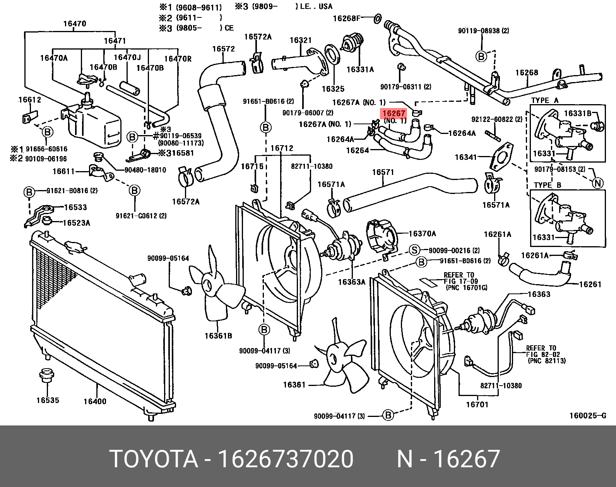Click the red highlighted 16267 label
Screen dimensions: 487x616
pos(394,113)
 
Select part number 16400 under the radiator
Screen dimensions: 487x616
pos(95,401)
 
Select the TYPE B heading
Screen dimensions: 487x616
pos(547,185)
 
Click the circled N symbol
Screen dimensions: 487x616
pos(598,183)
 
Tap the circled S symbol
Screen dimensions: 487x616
pos(415,250)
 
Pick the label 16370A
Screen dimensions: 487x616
pos(422,233)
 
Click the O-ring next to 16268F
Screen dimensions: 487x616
pos(378,17)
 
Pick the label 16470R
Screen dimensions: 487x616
pos(178,58)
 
